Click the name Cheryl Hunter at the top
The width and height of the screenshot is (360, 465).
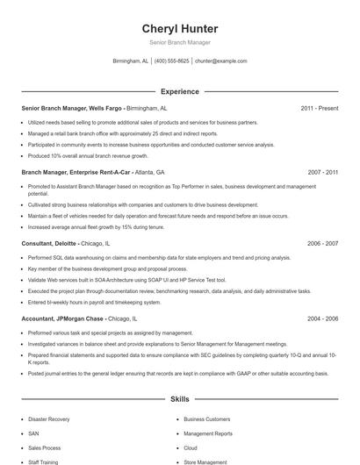(x=179, y=29)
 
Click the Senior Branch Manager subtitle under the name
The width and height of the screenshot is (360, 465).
(x=179, y=42)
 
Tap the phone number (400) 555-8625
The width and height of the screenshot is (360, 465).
(x=171, y=61)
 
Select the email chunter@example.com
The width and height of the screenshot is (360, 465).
(x=220, y=61)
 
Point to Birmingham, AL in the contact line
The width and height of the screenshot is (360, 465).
(x=131, y=61)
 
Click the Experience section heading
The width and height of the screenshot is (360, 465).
(x=179, y=91)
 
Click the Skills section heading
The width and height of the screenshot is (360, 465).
(x=179, y=399)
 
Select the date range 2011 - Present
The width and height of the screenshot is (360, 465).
(x=319, y=108)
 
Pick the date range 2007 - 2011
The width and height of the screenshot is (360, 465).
(x=321, y=173)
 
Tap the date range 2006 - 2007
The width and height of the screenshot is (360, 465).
(x=321, y=243)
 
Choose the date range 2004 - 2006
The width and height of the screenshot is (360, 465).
(x=321, y=319)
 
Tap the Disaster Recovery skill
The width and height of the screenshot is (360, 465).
(x=48, y=419)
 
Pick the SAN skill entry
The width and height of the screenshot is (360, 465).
(x=33, y=433)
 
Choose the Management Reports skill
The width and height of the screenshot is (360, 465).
(x=208, y=433)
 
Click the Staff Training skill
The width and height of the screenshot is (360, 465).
(x=43, y=461)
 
